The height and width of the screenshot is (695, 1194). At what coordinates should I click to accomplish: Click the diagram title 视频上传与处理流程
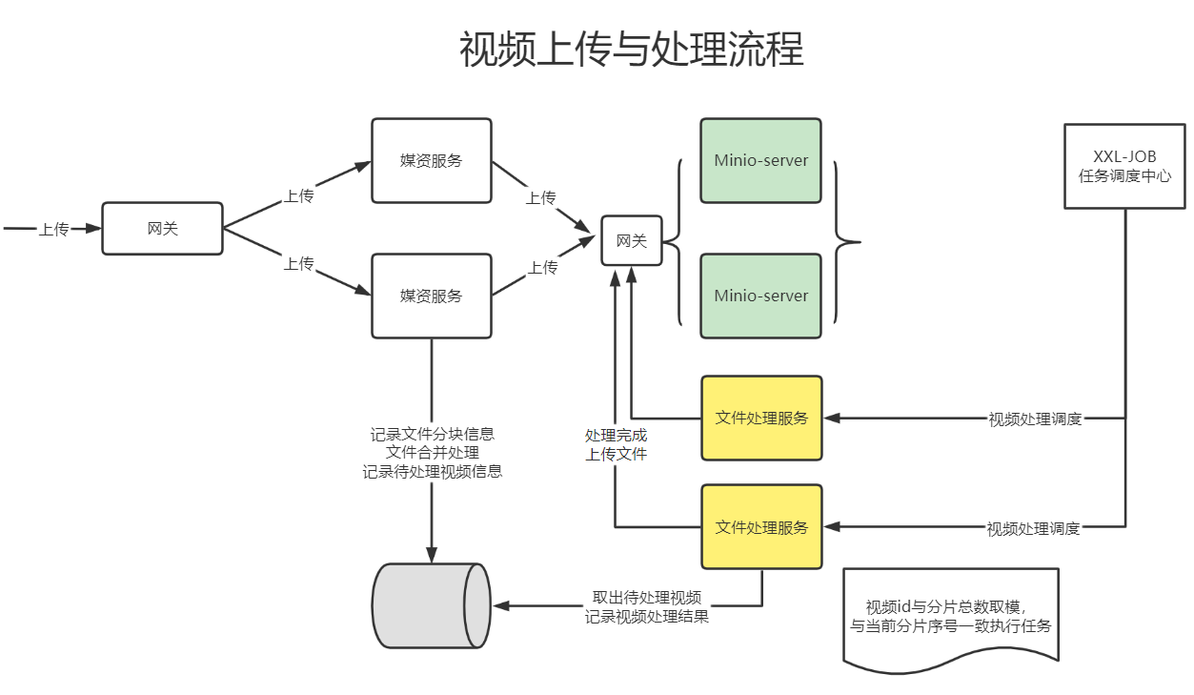point(631,50)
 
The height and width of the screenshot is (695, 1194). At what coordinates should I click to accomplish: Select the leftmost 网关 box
point(162,229)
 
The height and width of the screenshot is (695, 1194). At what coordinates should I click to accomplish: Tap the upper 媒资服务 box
point(431,160)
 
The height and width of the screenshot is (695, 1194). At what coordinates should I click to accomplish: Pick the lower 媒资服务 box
point(431,296)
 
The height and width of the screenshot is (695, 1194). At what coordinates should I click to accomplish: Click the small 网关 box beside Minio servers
point(631,240)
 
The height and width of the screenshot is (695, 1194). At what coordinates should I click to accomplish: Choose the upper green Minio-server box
point(760,160)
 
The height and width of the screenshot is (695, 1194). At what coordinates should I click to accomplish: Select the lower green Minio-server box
point(760,296)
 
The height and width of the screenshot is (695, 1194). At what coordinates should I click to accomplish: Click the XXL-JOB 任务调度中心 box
point(1124,166)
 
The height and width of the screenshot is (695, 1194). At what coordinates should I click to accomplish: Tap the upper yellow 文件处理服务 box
point(761,418)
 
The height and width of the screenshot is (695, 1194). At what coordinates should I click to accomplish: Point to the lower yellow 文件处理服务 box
point(761,526)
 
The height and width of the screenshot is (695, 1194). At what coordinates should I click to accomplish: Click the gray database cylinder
point(431,605)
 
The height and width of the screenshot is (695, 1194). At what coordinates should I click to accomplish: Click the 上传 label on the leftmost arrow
point(53,229)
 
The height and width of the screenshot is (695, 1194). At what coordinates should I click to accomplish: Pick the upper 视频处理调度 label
point(1035,419)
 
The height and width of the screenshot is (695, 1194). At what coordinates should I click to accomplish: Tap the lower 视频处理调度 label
point(1033,527)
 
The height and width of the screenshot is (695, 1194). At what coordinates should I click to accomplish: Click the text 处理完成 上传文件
point(616,444)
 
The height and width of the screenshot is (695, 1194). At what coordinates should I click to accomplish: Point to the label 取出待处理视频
point(647,598)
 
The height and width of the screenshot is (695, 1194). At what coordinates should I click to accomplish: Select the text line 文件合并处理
point(433,452)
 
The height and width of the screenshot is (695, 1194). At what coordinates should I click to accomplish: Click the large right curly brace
point(845,242)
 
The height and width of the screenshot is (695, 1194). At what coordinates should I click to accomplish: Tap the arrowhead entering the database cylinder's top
point(432,555)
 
